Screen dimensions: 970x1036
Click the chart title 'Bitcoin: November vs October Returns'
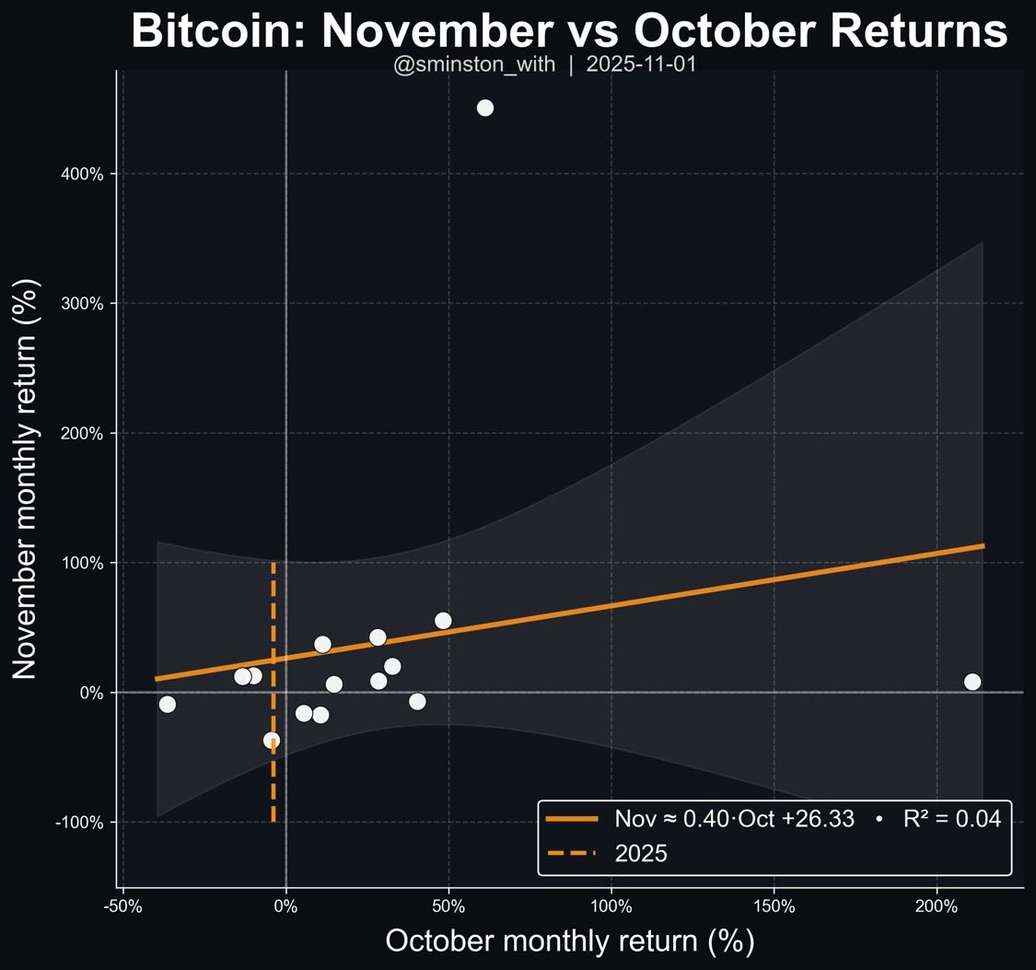[x=569, y=32]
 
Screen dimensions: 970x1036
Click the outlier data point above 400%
[x=485, y=108]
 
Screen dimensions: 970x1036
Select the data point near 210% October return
[x=972, y=682]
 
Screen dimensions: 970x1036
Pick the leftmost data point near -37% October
[x=167, y=704]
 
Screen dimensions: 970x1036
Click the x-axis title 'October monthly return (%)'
[x=569, y=941]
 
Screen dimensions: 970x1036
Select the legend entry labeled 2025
[x=640, y=853]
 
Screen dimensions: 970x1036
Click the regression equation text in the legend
[x=734, y=818]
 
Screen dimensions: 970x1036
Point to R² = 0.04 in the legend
[x=951, y=818]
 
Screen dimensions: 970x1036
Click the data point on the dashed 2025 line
[x=271, y=740]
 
